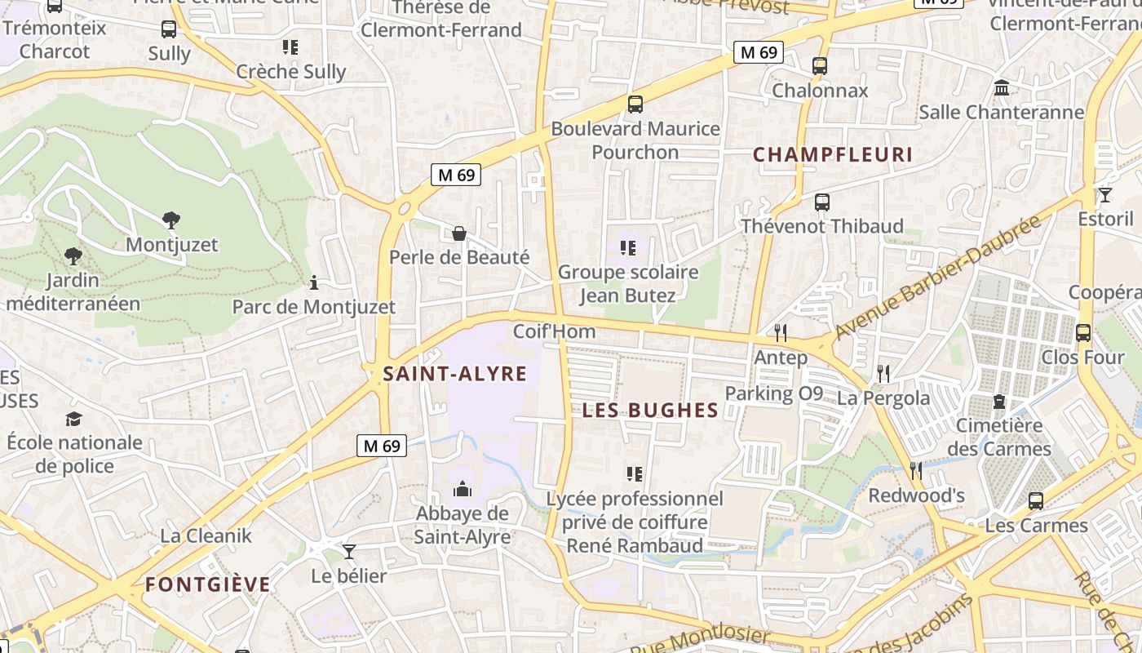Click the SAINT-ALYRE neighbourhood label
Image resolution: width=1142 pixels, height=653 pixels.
tap(455, 374)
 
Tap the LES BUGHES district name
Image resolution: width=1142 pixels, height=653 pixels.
tap(650, 411)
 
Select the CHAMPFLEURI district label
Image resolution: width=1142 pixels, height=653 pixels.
tap(832, 154)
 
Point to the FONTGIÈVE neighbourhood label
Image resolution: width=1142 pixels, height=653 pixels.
tap(208, 584)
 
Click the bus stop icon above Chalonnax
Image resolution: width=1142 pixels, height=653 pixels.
tap(820, 66)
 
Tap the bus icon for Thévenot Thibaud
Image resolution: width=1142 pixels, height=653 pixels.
tap(822, 202)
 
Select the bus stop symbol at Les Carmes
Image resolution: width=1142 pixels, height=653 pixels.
tap(1036, 500)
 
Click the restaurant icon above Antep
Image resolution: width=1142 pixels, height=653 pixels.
tap(781, 332)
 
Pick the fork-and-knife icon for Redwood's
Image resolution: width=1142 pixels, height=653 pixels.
tap(916, 470)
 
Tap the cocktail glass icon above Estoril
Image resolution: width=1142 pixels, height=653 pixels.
tap(1105, 194)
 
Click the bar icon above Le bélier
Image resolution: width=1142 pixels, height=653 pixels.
tap(349, 551)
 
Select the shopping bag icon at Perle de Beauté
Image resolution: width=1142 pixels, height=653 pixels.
tap(459, 233)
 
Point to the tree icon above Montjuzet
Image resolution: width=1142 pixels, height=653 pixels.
tap(171, 220)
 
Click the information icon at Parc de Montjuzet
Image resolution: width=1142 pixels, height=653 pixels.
tap(314, 282)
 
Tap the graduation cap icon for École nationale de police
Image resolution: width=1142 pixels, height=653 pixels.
tap(74, 419)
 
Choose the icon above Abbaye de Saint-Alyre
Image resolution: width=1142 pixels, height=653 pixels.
tap(463, 489)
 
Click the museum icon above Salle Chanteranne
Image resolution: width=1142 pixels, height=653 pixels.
tap(1002, 87)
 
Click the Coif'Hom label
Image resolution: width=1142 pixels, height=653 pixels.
tap(554, 331)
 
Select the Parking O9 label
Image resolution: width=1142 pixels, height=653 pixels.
tap(774, 393)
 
